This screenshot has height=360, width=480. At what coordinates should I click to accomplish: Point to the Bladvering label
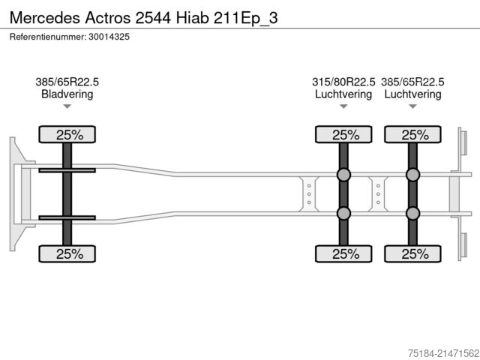pos(67,94)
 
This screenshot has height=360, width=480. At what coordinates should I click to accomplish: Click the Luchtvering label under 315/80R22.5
pos(343,94)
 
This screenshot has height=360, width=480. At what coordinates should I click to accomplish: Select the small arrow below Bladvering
pos(67,107)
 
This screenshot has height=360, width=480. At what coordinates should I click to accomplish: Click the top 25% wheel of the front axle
pos(67,135)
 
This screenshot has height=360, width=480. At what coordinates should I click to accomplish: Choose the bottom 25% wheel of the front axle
pos(67,253)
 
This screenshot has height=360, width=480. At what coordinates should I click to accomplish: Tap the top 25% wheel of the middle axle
pos(343,135)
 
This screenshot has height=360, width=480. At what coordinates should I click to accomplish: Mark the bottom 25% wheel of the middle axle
pos(343,253)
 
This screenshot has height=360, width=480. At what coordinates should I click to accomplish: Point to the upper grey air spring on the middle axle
pos(343,175)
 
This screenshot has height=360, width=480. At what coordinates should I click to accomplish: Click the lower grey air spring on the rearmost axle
pos(412,214)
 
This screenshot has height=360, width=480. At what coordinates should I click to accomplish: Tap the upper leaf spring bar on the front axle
pos(67,171)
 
